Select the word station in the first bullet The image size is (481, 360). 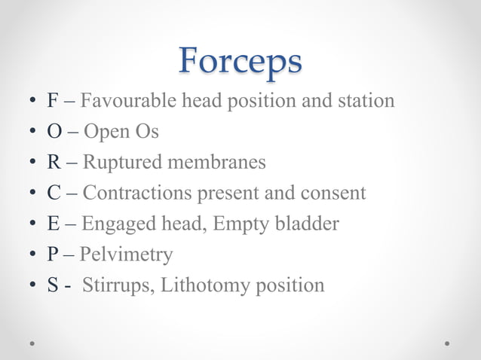click(x=369, y=100)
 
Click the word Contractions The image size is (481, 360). click(x=137, y=193)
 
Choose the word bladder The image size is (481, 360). click(x=308, y=224)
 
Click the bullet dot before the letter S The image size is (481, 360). click(x=32, y=286)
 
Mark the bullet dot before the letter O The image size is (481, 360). click(x=32, y=132)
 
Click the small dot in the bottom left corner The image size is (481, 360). click(x=33, y=343)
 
